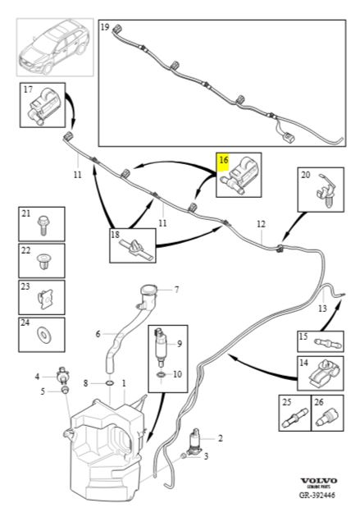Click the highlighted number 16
point(224,160)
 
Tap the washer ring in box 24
point(43,335)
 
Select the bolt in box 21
point(43,225)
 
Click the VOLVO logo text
point(319,481)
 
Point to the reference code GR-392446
point(317,495)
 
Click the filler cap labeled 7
point(149,291)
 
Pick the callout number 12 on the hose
point(261,224)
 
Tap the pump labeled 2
point(194,442)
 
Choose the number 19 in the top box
point(105,26)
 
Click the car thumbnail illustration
point(55,48)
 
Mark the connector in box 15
point(328,344)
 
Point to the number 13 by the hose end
point(322,309)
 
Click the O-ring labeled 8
point(110,383)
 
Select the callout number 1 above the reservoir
point(124,383)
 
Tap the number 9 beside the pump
point(180,344)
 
